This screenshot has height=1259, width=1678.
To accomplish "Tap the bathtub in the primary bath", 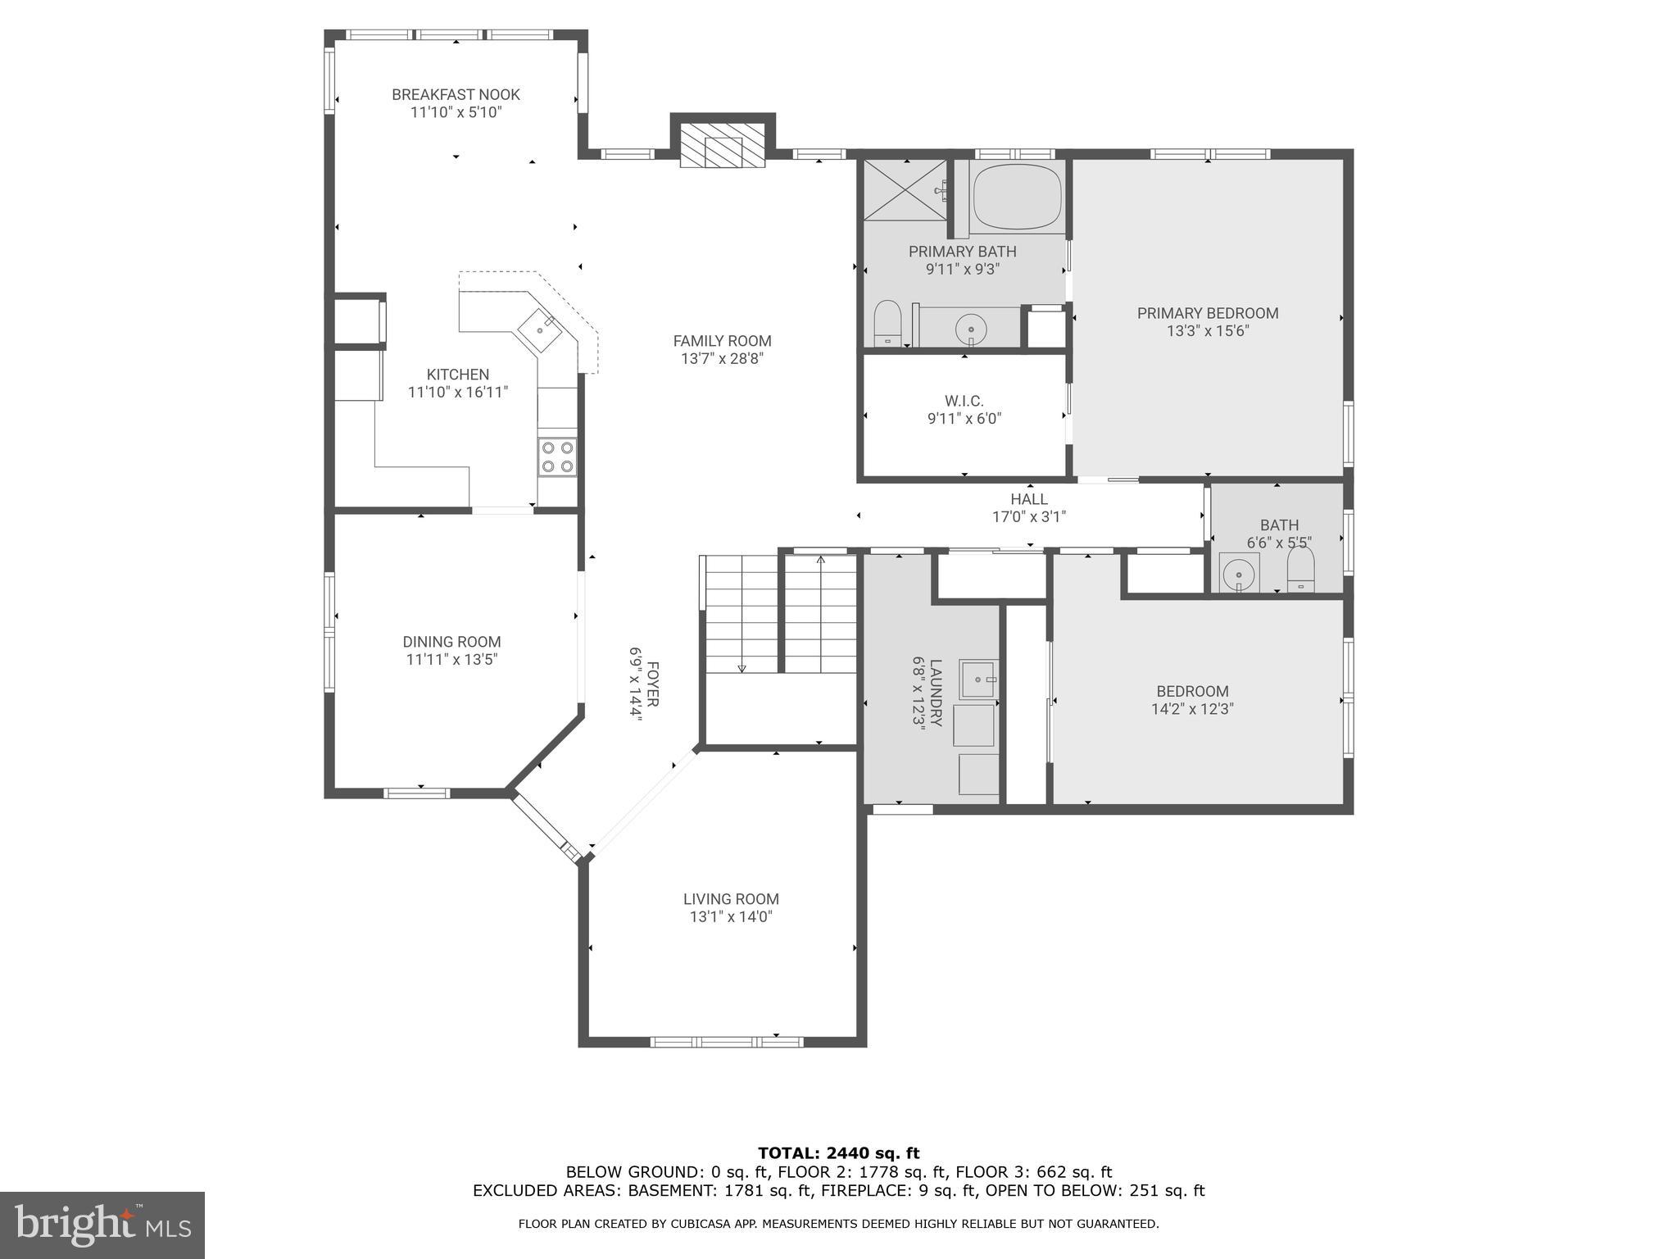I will pyautogui.click(x=1017, y=198).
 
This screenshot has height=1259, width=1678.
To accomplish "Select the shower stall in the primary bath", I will pyautogui.click(x=905, y=190).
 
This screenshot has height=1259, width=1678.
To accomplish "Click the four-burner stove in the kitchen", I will pyautogui.click(x=556, y=457).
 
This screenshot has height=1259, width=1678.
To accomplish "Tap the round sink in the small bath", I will pyautogui.click(x=1238, y=573).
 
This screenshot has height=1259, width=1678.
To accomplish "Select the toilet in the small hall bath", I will pyautogui.click(x=1300, y=568).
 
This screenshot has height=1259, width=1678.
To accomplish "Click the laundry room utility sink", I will pyautogui.click(x=977, y=679).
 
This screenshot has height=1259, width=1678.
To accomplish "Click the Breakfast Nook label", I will pyautogui.click(x=456, y=94).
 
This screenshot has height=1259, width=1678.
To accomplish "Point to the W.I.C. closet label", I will pyautogui.click(x=964, y=401).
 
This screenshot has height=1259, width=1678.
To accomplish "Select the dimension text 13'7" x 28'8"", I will pyautogui.click(x=722, y=358).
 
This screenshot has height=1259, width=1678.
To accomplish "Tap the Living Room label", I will pyautogui.click(x=731, y=899).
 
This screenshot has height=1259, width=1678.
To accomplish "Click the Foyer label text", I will pyautogui.click(x=653, y=684).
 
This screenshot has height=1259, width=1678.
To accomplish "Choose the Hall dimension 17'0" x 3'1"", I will pyautogui.click(x=1028, y=517).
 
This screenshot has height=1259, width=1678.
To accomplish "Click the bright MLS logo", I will pyautogui.click(x=102, y=1225).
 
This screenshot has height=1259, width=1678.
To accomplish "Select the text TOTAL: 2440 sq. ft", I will pyautogui.click(x=838, y=1153).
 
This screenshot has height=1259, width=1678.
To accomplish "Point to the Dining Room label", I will pyautogui.click(x=451, y=642).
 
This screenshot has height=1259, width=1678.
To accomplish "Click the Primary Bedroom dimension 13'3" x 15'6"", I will pyautogui.click(x=1208, y=331).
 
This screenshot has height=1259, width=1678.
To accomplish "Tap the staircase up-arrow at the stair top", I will pyautogui.click(x=820, y=561).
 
